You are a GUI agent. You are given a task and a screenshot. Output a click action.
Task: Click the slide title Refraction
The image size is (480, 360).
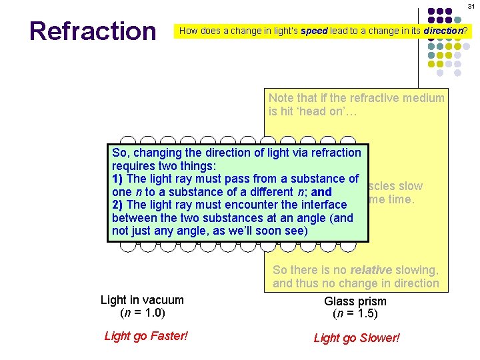(92, 31)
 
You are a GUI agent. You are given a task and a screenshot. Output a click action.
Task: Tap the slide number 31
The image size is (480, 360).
(470, 7)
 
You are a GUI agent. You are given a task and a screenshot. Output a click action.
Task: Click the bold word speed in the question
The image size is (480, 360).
(314, 31)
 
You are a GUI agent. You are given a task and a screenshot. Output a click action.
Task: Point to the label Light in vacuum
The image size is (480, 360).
(142, 300)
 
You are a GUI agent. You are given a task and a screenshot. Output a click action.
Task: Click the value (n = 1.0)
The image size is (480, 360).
(142, 313)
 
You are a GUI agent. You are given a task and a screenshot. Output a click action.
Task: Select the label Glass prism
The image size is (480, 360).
(355, 301)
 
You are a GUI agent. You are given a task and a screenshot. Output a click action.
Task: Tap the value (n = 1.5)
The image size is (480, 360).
(355, 314)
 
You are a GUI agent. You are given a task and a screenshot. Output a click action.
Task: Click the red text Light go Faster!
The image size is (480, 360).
(146, 336)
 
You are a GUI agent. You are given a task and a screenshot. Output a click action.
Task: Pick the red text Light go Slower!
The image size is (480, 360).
(357, 338)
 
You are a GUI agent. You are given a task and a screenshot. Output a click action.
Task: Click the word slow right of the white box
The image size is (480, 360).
(410, 187)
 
